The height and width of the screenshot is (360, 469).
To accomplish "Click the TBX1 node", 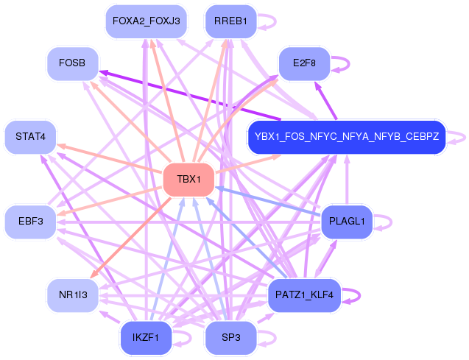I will [x=188, y=180].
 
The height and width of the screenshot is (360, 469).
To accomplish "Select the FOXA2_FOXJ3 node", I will [x=146, y=20].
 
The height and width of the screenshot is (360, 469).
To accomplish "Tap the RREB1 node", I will [x=230, y=20].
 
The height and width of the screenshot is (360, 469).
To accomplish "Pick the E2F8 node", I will [x=304, y=63].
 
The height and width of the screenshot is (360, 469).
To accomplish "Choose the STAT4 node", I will [x=30, y=136].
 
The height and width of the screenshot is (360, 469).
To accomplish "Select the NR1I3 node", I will [x=72, y=295].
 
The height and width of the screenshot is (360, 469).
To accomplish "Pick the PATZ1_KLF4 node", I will [x=304, y=295].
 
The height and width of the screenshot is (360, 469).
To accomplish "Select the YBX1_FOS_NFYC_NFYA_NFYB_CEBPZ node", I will [x=347, y=136].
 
